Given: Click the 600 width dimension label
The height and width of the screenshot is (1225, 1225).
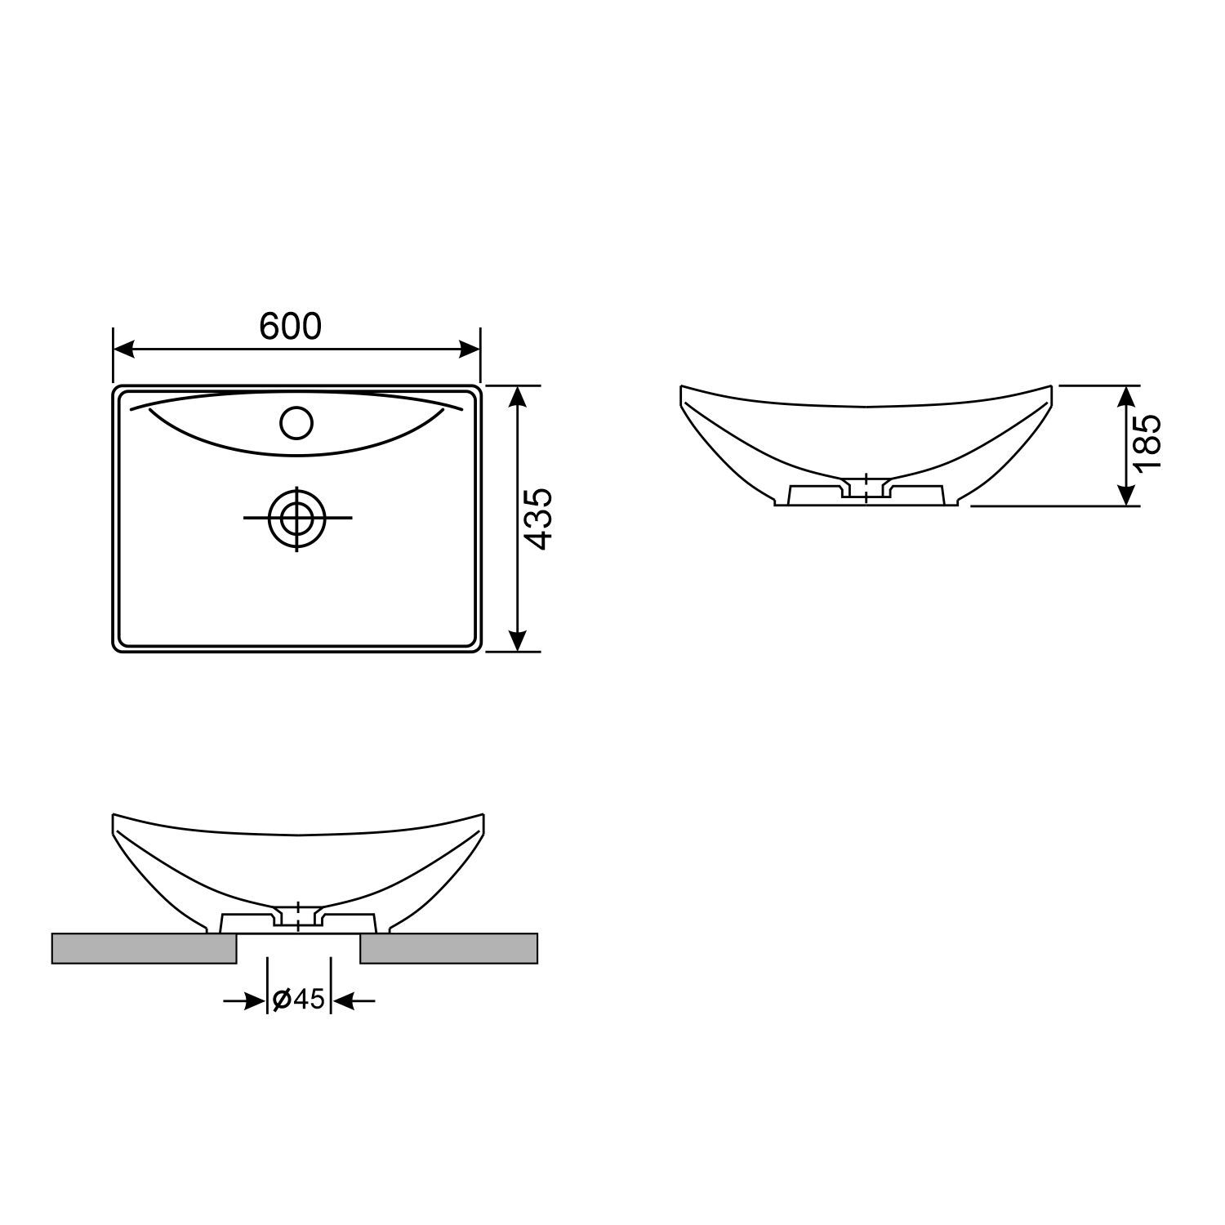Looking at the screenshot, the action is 291,326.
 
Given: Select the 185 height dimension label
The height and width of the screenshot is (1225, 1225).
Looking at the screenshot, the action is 1147,441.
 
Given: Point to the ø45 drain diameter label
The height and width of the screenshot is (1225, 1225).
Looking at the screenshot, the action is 299,999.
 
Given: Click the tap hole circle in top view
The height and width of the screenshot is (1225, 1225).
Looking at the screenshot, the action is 296,423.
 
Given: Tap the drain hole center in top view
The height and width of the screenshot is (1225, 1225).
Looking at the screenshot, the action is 296,518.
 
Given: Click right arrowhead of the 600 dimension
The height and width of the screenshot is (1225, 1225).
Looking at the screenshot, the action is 470,350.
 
